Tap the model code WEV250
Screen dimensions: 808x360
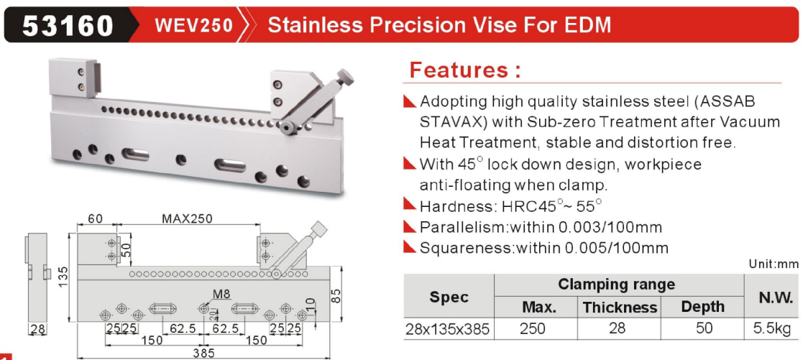[194, 24]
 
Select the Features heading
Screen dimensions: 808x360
[465, 70]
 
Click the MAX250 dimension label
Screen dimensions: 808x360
[187, 218]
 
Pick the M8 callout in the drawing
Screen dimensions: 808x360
[221, 295]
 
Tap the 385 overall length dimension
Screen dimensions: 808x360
[205, 354]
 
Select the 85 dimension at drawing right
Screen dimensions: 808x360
[336, 296]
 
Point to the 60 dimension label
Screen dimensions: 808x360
[96, 218]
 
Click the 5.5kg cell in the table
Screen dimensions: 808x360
[771, 328]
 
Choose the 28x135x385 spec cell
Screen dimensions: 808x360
[446, 328]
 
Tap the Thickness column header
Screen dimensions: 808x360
[620, 308]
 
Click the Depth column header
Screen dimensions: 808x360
[702, 307]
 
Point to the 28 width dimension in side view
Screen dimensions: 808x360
[36, 328]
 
